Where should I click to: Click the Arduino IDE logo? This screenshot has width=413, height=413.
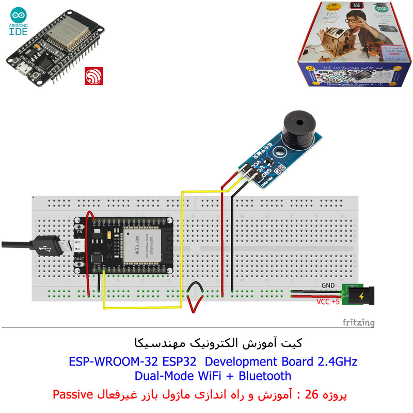click(x=20, y=23)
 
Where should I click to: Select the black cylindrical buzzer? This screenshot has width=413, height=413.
click(x=296, y=126)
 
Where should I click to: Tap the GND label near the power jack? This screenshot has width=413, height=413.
click(x=328, y=285)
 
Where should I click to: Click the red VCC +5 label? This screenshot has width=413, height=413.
click(x=328, y=302)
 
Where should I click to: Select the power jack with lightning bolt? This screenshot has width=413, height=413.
click(x=359, y=296)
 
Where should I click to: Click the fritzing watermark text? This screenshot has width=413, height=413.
click(x=359, y=323)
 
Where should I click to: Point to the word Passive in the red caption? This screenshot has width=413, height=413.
click(x=72, y=395)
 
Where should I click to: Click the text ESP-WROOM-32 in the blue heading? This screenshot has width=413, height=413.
click(x=107, y=361)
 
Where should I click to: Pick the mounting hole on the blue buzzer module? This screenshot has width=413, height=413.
click(x=280, y=152)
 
